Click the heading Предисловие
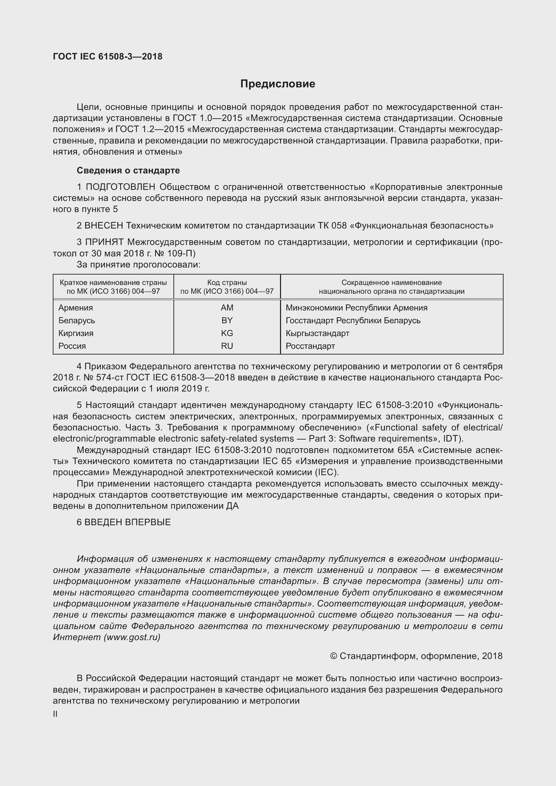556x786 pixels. [277, 84]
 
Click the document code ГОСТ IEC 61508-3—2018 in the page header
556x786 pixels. [108, 56]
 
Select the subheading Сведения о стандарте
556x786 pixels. [128, 170]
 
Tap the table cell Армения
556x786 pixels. [75, 307]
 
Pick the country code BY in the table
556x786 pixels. [227, 320]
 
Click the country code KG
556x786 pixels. [227, 333]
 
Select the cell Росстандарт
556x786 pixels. [310, 346]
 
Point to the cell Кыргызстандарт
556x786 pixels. [317, 333]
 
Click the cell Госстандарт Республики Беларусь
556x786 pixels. [353, 320]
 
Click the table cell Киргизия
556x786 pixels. [76, 333]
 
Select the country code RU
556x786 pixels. [227, 346]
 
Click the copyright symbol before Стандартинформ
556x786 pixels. [333, 656]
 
